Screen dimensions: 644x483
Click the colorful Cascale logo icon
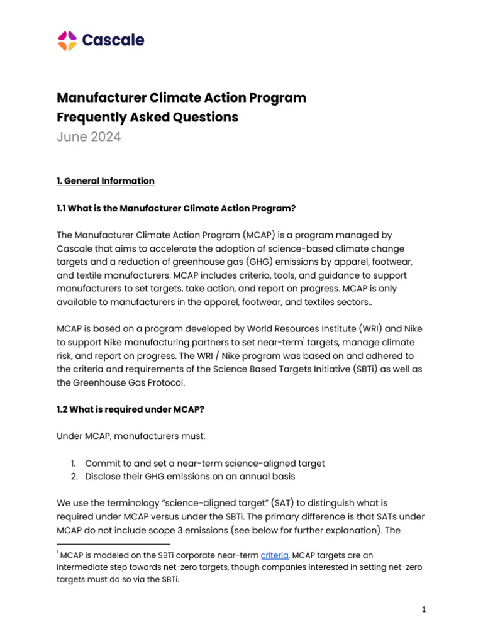[67, 41]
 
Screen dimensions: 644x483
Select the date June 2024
[89, 137]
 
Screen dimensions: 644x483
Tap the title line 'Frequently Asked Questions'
[148, 117]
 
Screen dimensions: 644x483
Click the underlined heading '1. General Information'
[106, 181]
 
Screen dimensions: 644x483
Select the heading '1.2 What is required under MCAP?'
[130, 409]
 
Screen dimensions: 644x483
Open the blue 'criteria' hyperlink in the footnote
[274, 555]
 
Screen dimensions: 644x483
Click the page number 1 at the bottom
[425, 609]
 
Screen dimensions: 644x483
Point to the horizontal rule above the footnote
[113, 544]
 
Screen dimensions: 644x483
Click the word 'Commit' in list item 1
[103, 464]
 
